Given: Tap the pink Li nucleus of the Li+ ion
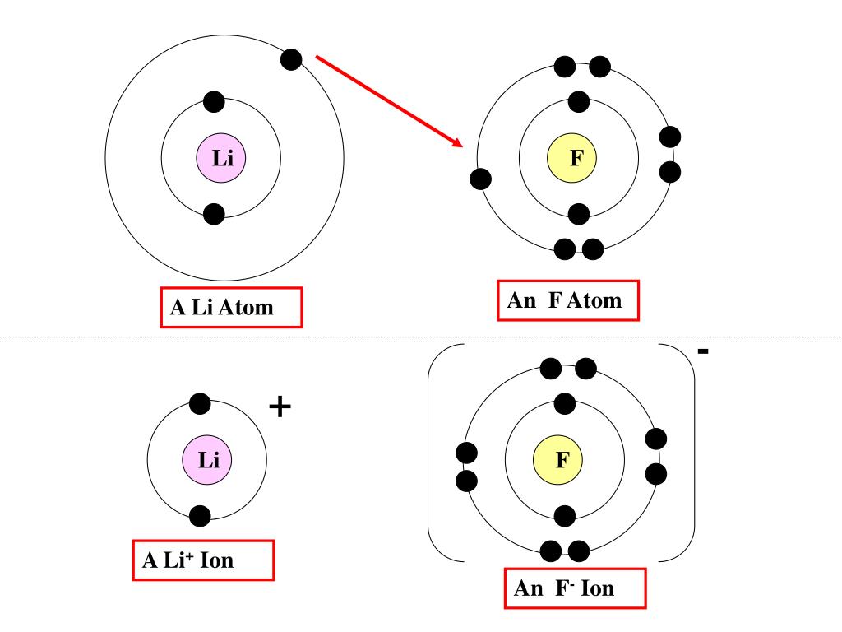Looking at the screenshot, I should pyautogui.click(x=207, y=459).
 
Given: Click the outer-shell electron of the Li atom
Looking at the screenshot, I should pyautogui.click(x=291, y=59).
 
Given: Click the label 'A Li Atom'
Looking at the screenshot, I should pyautogui.click(x=231, y=308).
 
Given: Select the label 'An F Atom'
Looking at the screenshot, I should pyautogui.click(x=568, y=301).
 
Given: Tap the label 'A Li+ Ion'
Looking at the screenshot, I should pyautogui.click(x=203, y=561).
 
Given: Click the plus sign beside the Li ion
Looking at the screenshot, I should pyautogui.click(x=280, y=407).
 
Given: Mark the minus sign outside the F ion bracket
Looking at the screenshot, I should pyautogui.click(x=703, y=352).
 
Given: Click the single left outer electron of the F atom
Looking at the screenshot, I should pyautogui.click(x=481, y=179).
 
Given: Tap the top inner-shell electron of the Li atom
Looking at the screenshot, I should pyautogui.click(x=214, y=101).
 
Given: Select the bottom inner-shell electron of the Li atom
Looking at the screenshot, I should pyautogui.click(x=214, y=214).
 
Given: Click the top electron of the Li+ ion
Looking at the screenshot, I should pyautogui.click(x=200, y=403).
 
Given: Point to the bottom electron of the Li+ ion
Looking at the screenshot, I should pyautogui.click(x=200, y=516).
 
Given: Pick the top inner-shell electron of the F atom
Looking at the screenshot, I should pyautogui.click(x=579, y=101).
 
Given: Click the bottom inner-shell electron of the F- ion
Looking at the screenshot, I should pyautogui.click(x=565, y=516).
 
